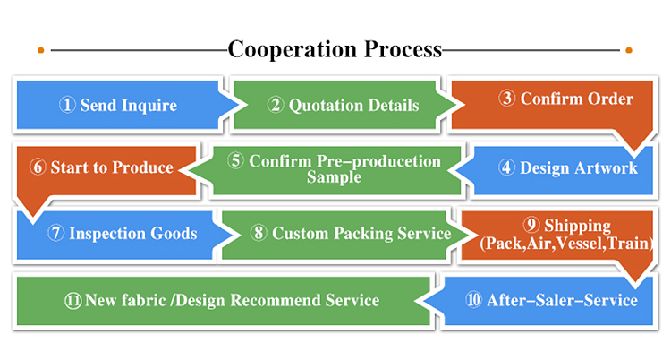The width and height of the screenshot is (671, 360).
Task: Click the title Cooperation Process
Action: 335,48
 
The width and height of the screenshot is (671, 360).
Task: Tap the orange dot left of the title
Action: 40,49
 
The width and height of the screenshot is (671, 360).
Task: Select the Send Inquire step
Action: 118,106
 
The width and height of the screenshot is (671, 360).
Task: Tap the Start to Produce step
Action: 101,167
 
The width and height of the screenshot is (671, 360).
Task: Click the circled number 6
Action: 38,167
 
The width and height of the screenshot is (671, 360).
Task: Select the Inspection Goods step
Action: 122,234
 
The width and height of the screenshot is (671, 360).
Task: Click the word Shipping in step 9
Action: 576,226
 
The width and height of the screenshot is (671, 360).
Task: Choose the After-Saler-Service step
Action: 551,300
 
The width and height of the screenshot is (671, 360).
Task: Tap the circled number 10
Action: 473,300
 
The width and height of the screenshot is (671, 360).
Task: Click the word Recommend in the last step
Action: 285,300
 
